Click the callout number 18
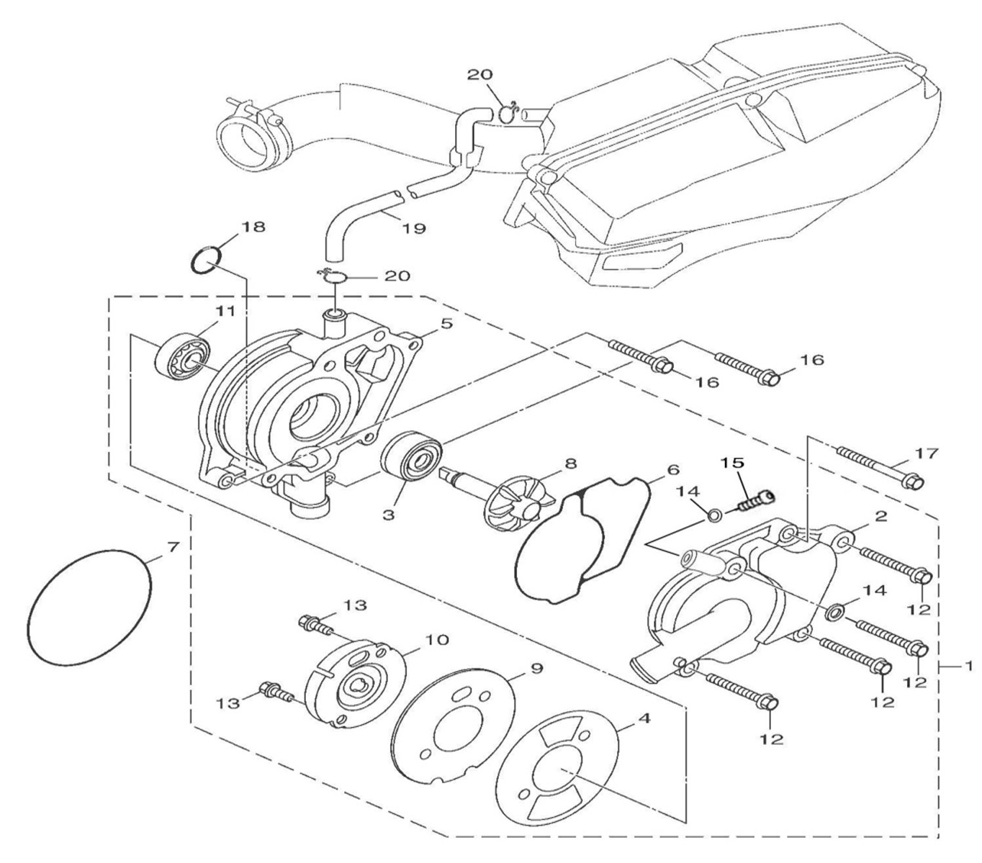(x=253, y=227)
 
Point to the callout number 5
(x=446, y=324)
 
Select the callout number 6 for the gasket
(x=673, y=470)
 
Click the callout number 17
(x=927, y=453)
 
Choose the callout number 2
(x=880, y=516)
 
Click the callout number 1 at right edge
(x=968, y=667)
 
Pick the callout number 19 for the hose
(x=415, y=228)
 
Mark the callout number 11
(x=225, y=311)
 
